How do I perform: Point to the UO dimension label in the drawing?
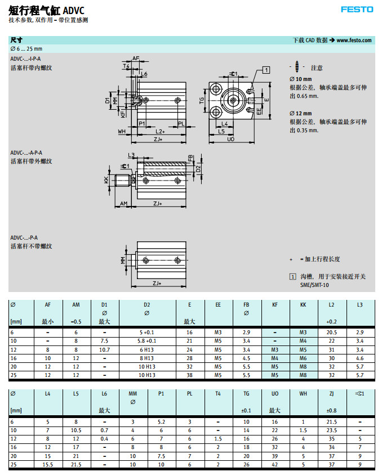(230, 138)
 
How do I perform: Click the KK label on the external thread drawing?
(106, 179)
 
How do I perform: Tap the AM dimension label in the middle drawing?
(124, 203)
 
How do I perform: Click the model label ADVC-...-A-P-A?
(26, 152)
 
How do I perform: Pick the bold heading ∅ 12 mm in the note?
(300, 113)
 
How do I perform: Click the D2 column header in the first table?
(147, 304)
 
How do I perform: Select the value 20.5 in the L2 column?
(331, 333)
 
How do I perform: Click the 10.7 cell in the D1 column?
(104, 349)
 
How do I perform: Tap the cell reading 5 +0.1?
(147, 333)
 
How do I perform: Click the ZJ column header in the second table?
(331, 393)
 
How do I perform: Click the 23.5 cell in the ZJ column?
(331, 430)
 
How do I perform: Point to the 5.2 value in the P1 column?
(161, 421)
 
